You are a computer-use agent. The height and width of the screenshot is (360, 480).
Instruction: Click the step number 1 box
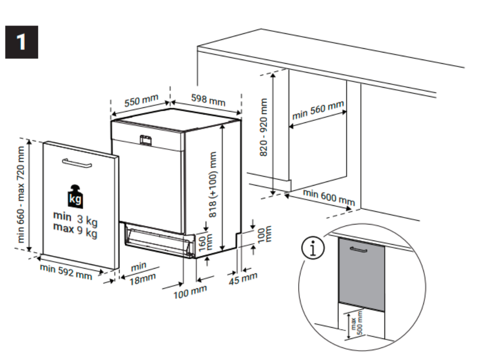pos(22,42)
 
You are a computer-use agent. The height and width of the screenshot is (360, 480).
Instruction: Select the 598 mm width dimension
pos(208,99)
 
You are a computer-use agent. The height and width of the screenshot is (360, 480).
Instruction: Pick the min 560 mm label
pos(317,111)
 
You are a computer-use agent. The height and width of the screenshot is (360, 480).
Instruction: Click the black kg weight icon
pos(75,196)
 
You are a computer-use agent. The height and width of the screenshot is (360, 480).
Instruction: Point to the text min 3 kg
pos(75,218)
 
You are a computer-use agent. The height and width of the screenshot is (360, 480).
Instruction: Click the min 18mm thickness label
pos(141,272)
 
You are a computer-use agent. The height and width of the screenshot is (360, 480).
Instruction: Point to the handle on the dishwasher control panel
pos(146,139)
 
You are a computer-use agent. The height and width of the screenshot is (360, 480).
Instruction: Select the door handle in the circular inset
pos(359,251)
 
